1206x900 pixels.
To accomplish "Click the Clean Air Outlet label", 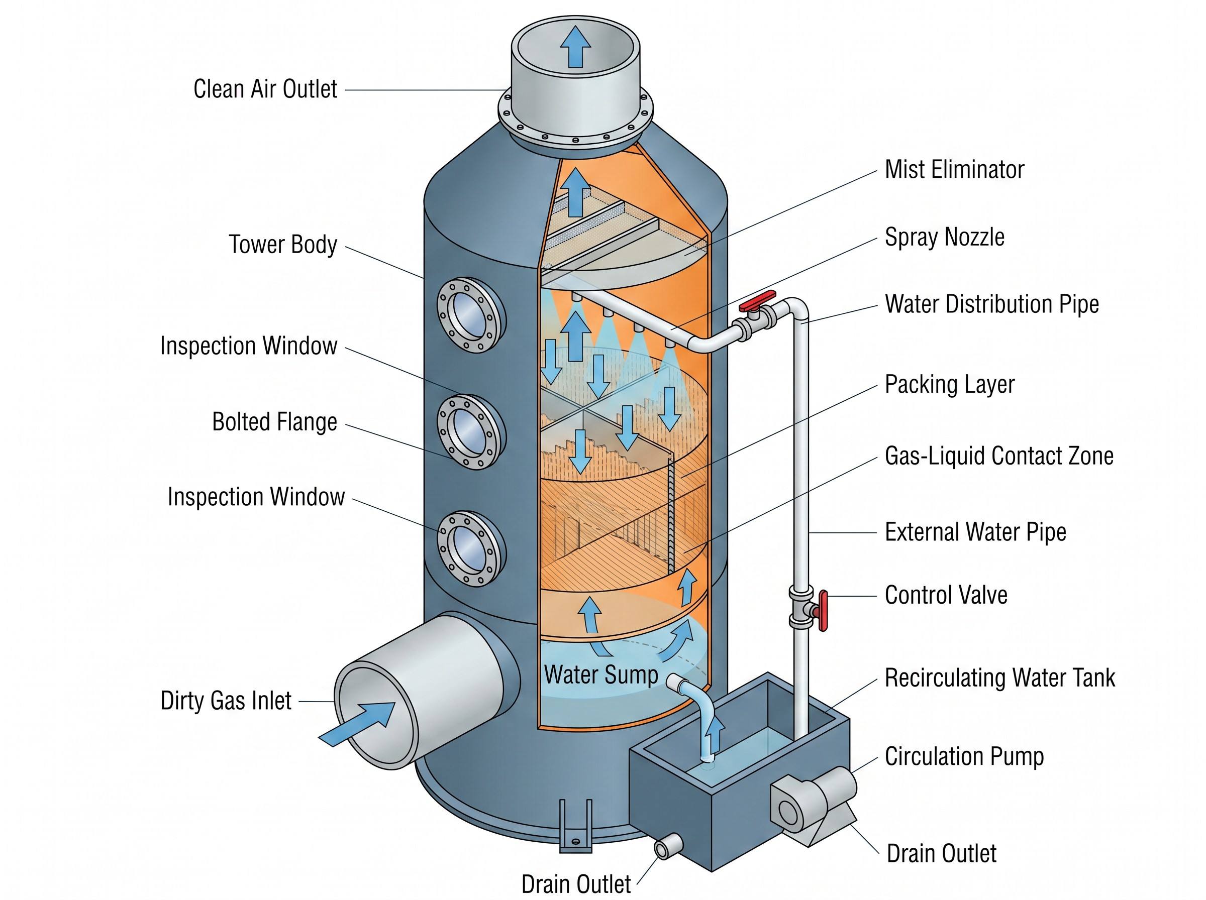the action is pos(265,89).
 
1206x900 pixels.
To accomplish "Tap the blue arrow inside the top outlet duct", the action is pos(575,47).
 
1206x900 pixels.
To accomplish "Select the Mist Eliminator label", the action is pos(954,169).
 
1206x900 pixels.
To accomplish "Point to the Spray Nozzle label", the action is pos(944,238).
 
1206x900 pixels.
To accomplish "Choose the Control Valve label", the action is pos(946,595).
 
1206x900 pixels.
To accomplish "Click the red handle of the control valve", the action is pos(823,610).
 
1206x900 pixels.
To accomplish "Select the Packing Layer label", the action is pos(949,385).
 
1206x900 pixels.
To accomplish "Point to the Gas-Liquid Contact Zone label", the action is pos(998,456).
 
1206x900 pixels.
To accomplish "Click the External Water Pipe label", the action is pos(975,532).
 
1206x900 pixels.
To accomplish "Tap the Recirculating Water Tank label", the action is pos(999,678).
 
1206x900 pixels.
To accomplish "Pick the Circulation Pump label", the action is pos(964,756).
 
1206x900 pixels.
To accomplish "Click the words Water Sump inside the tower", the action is pos(601,674).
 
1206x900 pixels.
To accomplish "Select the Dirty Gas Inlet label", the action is pos(226,701).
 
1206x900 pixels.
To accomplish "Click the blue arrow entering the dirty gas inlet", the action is pos(356,724).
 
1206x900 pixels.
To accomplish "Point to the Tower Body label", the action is pos(283,245).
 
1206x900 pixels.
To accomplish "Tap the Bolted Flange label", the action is pos(274,422).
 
